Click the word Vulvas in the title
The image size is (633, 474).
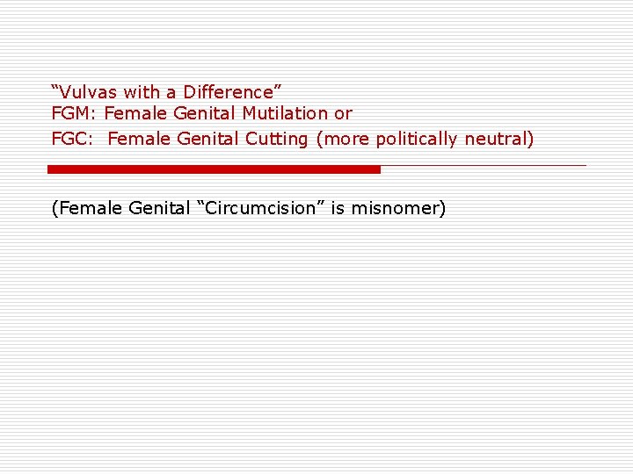pyautogui.click(x=90, y=92)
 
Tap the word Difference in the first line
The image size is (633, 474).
pyautogui.click(x=231, y=92)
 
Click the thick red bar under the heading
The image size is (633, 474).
pyautogui.click(x=214, y=169)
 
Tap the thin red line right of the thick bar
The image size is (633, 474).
pyautogui.click(x=484, y=165)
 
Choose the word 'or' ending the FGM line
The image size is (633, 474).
pyautogui.click(x=343, y=114)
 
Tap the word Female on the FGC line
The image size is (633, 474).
pyautogui.click(x=139, y=139)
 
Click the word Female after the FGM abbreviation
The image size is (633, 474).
pyautogui.click(x=135, y=114)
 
